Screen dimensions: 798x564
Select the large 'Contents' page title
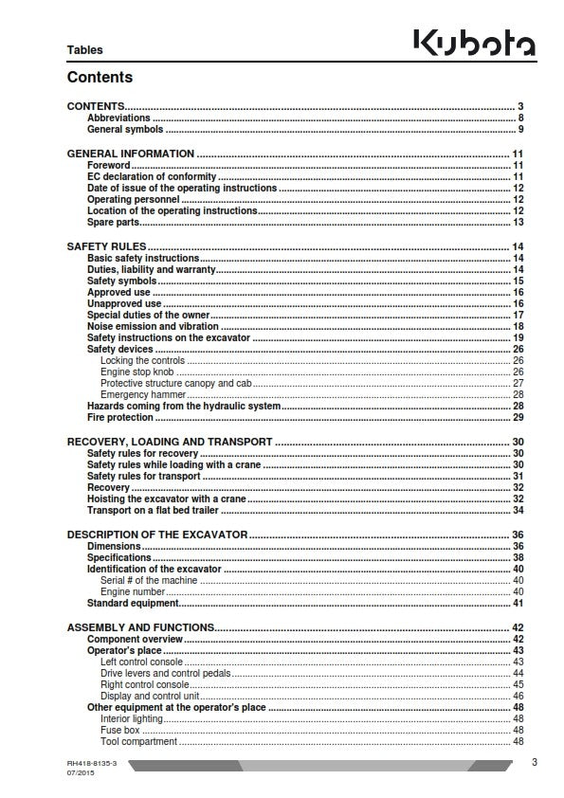(x=100, y=78)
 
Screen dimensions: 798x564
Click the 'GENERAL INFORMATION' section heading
(x=130, y=153)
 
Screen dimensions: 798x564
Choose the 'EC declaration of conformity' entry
(x=152, y=176)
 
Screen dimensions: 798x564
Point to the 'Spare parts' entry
(x=113, y=222)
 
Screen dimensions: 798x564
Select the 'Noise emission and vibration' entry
(x=153, y=326)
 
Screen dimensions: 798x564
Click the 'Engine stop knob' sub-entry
(x=136, y=372)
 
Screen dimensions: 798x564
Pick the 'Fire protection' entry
(x=119, y=417)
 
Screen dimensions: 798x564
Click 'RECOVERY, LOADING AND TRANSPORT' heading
(x=169, y=442)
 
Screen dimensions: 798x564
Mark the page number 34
(x=518, y=510)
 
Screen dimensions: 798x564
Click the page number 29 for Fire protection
(x=518, y=417)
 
